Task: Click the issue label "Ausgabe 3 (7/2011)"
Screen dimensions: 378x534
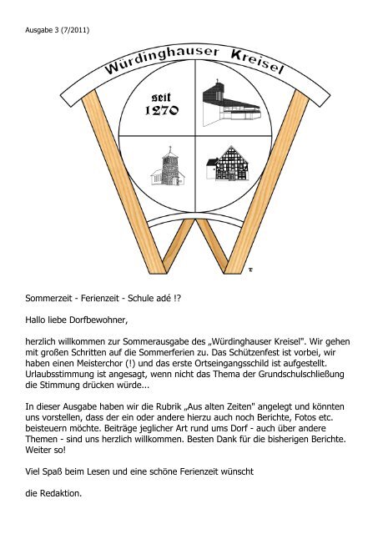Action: [x=54, y=31]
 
